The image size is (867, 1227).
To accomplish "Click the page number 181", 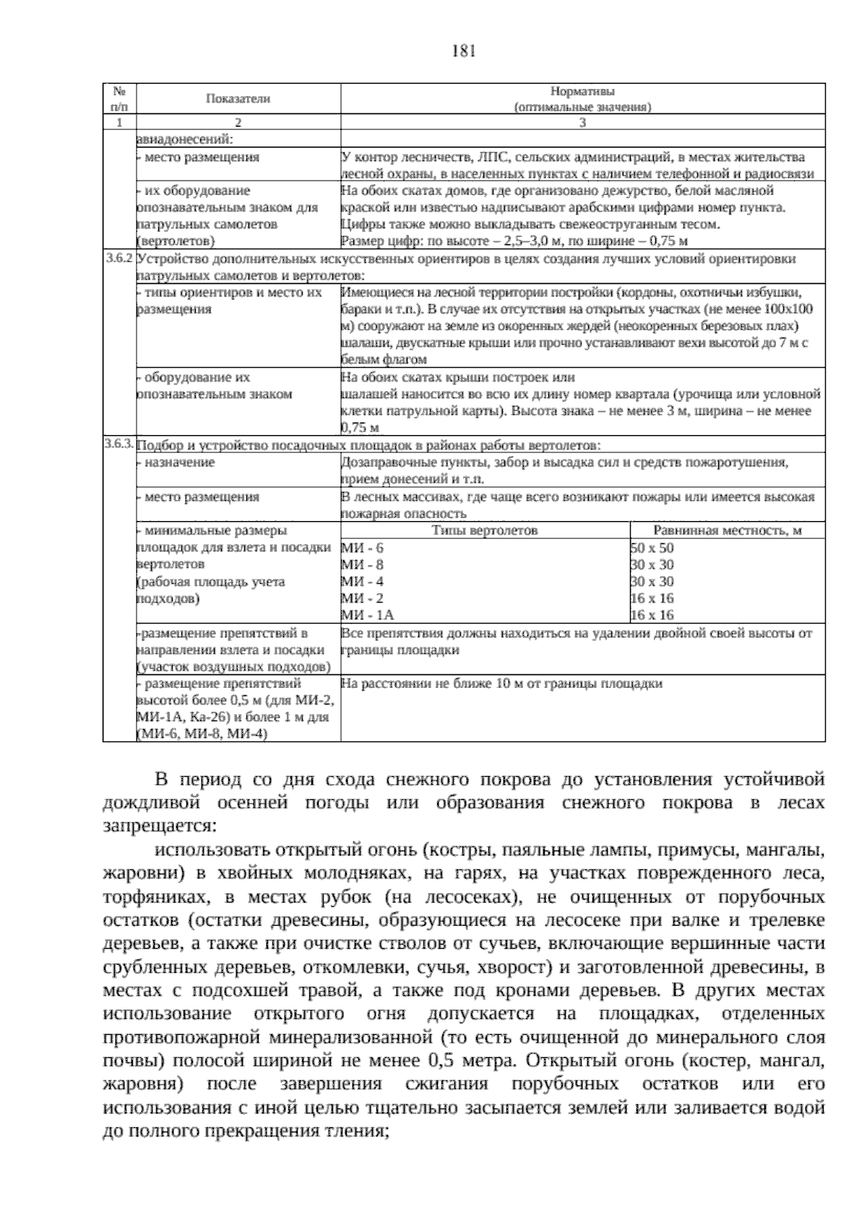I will click(x=462, y=51).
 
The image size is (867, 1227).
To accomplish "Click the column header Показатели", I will click(x=238, y=99).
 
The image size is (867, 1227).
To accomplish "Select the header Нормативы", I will click(x=582, y=92).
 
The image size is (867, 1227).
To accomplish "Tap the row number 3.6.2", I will click(x=119, y=259).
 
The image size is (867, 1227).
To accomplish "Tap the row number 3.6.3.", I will click(x=119, y=444).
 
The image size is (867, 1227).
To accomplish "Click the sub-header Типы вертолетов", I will click(x=485, y=530).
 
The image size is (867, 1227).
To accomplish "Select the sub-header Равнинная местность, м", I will click(x=728, y=530).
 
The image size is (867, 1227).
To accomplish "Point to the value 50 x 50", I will click(x=652, y=548).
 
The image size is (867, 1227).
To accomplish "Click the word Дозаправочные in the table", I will click(x=386, y=462).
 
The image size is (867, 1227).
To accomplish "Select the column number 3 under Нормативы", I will click(x=582, y=122).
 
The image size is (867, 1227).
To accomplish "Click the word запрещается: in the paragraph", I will click(x=159, y=826).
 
